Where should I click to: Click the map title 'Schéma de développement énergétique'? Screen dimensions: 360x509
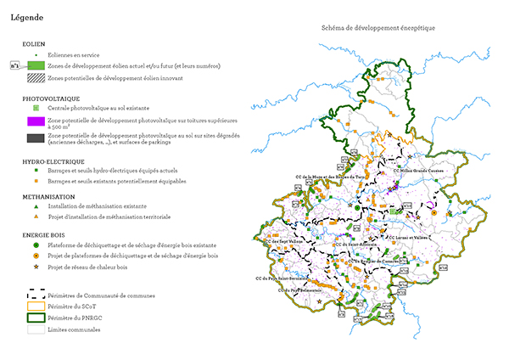[378, 28]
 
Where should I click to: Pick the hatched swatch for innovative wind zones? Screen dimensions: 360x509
[36, 78]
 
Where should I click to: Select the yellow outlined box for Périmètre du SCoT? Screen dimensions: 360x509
[36, 306]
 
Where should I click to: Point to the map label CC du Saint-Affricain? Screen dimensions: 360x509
[352, 245]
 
